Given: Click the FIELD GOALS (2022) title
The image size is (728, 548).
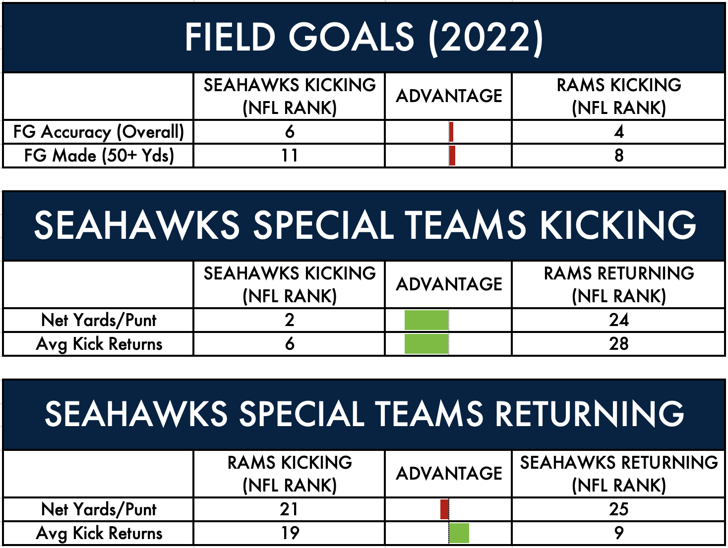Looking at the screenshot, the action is (364, 38).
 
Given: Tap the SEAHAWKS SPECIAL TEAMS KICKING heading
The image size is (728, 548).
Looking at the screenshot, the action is (365, 225).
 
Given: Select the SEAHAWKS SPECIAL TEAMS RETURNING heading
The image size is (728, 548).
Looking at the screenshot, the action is (364, 414).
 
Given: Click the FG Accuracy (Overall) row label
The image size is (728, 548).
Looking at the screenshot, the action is (99, 132).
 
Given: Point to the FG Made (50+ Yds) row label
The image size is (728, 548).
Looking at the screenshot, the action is (99, 156).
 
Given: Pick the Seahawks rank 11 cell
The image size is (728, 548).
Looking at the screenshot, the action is (289, 156).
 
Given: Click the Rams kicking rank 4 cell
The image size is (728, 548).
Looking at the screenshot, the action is (618, 131).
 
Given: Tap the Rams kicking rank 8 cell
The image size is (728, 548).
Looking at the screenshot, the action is (619, 156).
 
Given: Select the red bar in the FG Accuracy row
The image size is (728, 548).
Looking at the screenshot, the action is (451, 132).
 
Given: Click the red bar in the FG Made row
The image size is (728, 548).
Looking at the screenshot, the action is (452, 156).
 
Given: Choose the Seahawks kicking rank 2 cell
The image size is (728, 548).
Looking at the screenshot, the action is (289, 320).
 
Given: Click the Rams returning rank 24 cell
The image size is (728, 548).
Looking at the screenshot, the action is (618, 320).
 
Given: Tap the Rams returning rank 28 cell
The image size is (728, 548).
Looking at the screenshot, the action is (618, 344).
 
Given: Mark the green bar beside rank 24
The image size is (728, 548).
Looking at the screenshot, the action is (426, 320).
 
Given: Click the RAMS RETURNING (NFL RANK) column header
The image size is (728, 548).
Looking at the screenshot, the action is (619, 284).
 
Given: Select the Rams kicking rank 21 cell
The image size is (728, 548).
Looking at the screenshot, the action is (289, 509).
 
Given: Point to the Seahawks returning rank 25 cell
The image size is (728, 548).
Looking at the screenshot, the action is (618, 509).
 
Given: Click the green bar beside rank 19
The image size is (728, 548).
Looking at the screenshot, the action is (459, 533).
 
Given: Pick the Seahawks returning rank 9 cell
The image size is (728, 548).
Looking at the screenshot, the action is (619, 533).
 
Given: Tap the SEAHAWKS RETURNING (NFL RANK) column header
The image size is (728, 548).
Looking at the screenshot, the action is (619, 474).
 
